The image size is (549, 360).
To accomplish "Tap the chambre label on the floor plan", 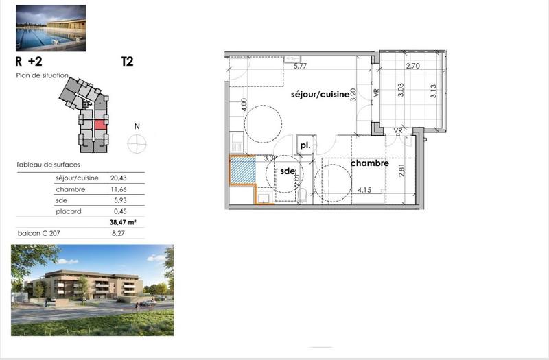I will click(370, 163).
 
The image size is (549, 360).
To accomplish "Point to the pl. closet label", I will click(305, 146).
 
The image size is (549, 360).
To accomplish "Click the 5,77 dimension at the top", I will click(299, 67).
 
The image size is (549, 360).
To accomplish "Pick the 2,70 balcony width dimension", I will click(412, 67).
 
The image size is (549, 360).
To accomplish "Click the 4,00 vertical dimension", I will click(244, 106).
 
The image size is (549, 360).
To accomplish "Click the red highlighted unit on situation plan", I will click(100, 124).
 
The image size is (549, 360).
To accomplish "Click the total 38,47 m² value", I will click(123, 223).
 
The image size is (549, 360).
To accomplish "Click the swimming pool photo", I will click(51, 28).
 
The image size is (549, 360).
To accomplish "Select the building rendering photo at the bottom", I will click(92, 287).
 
